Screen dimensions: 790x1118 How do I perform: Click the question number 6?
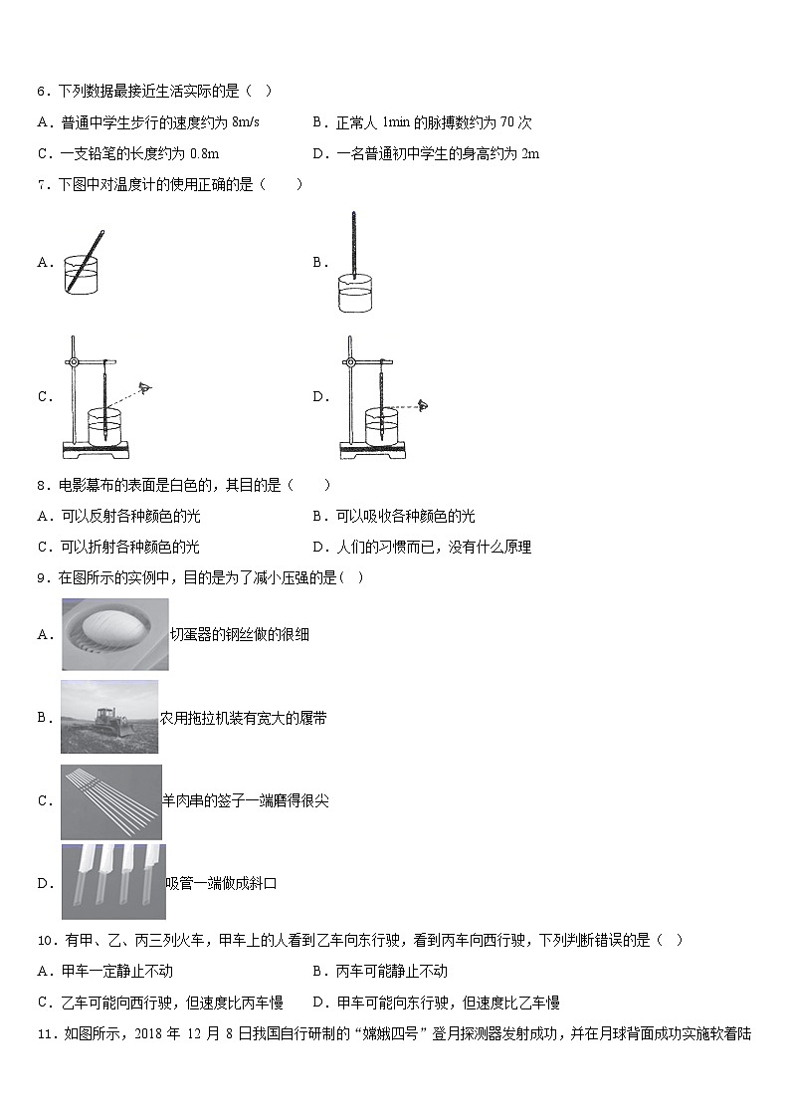click(42, 92)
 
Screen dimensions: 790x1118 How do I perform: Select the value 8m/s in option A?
click(245, 122)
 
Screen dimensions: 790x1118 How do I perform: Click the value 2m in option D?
click(530, 153)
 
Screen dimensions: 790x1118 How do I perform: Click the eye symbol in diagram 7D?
click(423, 405)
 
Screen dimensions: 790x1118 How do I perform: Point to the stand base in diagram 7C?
click(96, 449)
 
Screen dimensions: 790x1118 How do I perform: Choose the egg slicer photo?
click(114, 634)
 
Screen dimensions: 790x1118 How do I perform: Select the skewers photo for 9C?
click(110, 800)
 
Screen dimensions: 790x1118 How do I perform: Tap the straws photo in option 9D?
click(112, 881)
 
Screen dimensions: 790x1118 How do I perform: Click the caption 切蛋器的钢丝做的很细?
click(240, 634)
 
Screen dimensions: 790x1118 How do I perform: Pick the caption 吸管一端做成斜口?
click(220, 882)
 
